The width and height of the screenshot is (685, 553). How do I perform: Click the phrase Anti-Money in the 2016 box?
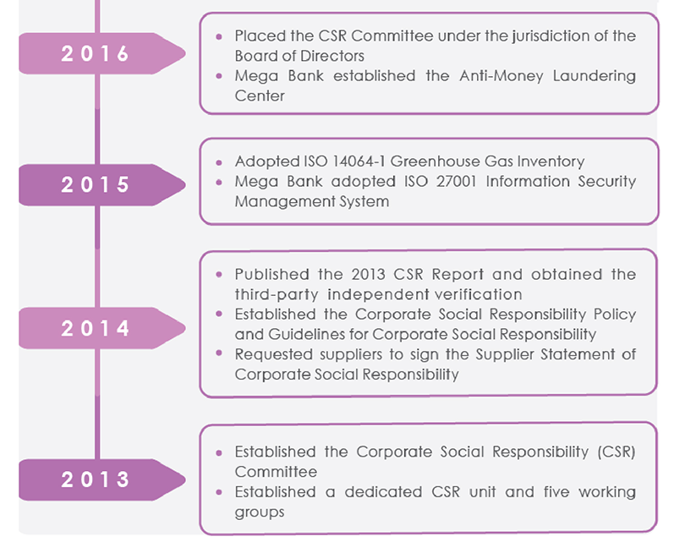point(501,76)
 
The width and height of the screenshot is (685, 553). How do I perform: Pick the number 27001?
point(456,181)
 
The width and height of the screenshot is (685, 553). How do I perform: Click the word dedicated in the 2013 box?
point(383,492)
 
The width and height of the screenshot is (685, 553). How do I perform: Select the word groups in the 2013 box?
point(260,512)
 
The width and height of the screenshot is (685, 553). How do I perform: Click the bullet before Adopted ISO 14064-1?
point(219,162)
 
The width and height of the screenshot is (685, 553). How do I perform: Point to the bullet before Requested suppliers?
point(219,353)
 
